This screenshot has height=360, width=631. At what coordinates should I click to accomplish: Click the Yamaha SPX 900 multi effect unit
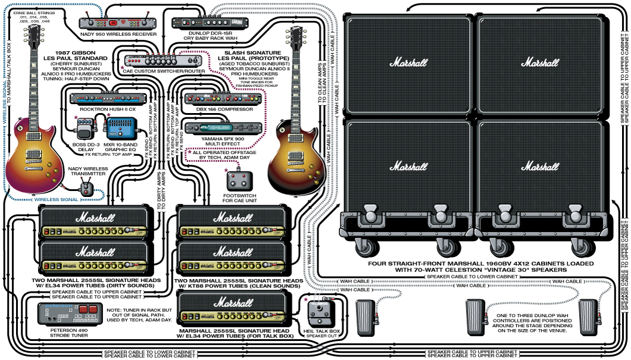[x=216, y=127]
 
